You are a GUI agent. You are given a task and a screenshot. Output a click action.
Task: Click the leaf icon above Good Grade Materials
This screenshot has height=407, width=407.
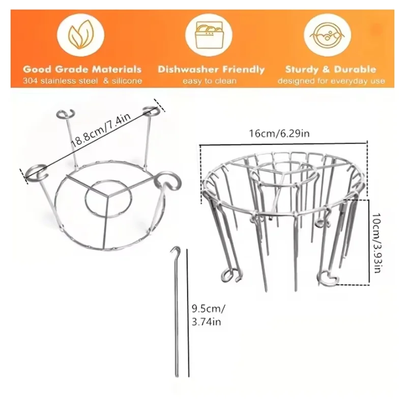click(x=81, y=35)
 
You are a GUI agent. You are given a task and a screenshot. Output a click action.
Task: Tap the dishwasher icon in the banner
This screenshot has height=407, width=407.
click(x=210, y=35)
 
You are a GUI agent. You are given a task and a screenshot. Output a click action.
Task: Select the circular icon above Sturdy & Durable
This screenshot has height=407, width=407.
click(x=330, y=35)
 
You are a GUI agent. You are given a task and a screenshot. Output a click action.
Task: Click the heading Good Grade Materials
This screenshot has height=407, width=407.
click(x=82, y=70)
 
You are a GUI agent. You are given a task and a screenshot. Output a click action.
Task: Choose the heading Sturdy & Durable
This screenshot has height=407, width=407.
click(x=331, y=70)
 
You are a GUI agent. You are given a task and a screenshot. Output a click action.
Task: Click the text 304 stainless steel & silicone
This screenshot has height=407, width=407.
click(x=82, y=81)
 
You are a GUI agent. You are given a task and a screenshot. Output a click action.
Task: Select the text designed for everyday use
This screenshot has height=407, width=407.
click(x=331, y=81)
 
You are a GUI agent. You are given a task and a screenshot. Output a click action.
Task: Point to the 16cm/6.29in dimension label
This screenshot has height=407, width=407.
click(x=282, y=134)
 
